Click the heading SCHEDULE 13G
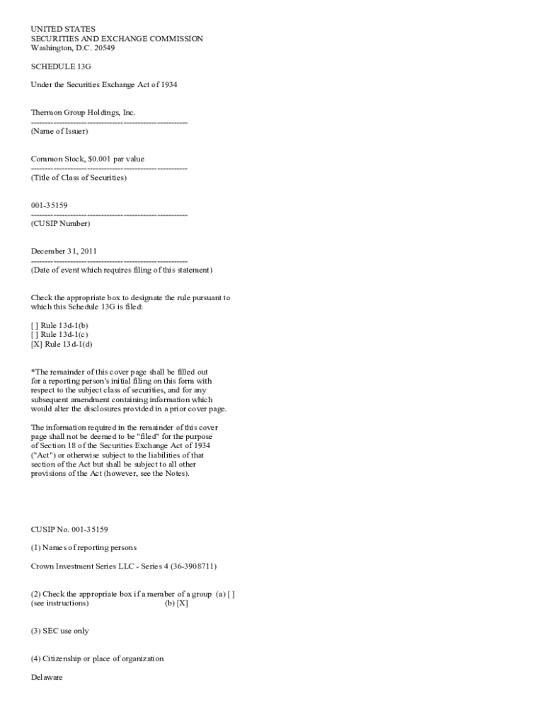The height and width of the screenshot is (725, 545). tap(60, 67)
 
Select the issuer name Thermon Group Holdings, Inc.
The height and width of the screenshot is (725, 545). tap(83, 113)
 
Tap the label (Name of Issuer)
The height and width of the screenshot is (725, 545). tap(59, 132)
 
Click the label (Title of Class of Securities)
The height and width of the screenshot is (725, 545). tap(79, 178)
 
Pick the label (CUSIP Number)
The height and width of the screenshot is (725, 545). tap(60, 224)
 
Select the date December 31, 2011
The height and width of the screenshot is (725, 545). tap(64, 251)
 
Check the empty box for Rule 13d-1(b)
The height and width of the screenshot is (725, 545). tap(35, 325)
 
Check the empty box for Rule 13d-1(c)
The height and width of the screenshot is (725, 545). tap(35, 334)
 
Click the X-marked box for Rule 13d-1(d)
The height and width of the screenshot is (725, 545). tap(36, 344)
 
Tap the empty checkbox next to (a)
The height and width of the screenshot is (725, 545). tap(231, 594)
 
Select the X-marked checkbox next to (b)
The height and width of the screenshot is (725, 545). tap(182, 603)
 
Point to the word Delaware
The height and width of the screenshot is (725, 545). tap(47, 678)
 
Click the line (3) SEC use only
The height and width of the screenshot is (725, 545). tap(59, 631)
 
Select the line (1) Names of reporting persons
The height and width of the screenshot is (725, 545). tap(84, 547)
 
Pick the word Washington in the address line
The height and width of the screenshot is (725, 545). tap(52, 48)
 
